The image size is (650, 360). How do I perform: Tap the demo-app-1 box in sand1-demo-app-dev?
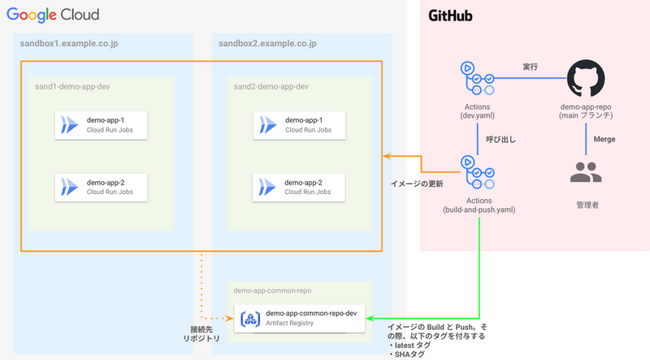point(102,124)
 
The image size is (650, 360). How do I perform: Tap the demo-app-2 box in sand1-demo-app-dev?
point(102,187)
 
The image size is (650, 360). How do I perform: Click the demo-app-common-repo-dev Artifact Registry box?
point(300,317)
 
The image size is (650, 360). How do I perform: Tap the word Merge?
point(604,139)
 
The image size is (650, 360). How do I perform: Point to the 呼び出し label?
point(501,139)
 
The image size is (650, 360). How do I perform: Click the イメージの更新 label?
point(417,184)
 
